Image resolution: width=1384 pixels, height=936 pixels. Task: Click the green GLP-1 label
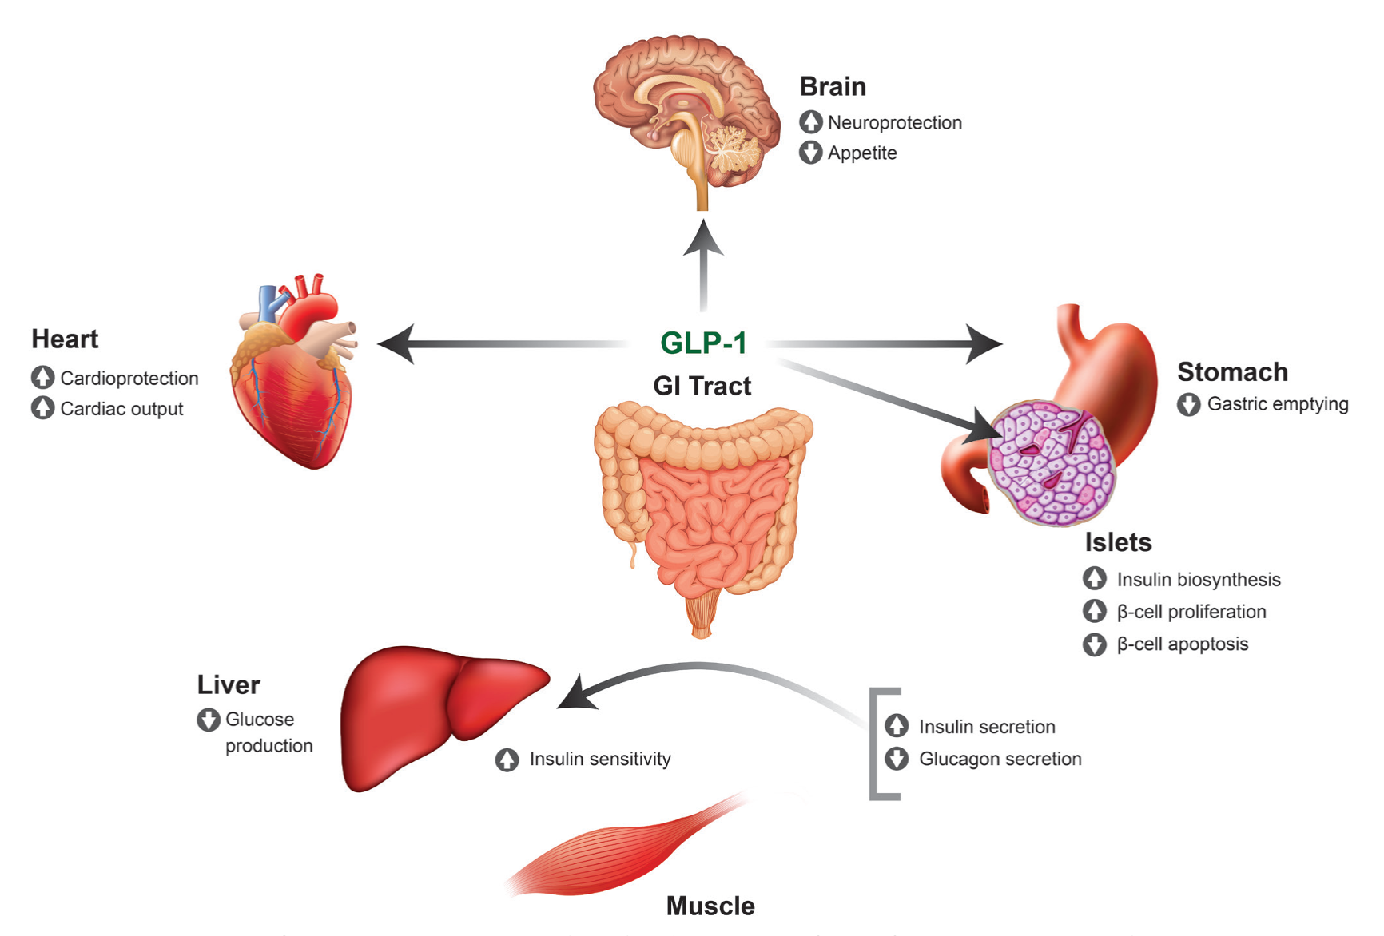pos(703,343)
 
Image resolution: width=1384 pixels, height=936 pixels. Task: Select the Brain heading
pos(833,86)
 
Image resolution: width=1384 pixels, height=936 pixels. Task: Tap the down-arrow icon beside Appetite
pos(810,153)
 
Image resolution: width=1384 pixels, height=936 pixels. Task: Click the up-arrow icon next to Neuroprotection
pos(810,122)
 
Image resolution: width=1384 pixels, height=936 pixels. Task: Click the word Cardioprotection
pos(129,378)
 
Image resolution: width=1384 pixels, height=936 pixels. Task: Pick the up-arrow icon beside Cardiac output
pos(42,408)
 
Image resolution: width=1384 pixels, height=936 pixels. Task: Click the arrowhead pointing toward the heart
pos(395,344)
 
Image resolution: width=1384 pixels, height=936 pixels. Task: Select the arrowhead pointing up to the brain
pos(703,238)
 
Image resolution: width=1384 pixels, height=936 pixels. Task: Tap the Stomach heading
pos(1232,371)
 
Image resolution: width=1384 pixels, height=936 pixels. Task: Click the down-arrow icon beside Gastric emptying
pos(1188,404)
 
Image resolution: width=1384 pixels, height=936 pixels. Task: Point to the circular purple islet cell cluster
pos(1051,463)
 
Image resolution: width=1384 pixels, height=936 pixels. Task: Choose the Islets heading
pos(1118,542)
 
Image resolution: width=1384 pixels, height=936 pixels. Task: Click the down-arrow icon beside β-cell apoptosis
pos(1094,644)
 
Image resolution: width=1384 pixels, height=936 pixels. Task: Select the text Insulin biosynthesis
pos(1199,580)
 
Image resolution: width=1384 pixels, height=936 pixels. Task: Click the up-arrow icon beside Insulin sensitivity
pos(507,760)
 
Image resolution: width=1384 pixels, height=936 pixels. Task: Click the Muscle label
pos(710,906)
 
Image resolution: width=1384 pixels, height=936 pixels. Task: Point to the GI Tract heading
pos(702,386)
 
